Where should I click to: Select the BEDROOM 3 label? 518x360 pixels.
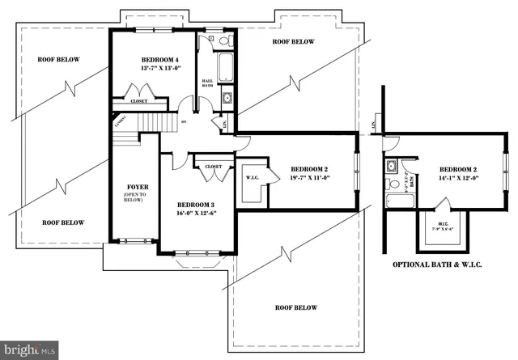(x=193, y=205)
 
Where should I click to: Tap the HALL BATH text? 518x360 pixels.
(x=207, y=83)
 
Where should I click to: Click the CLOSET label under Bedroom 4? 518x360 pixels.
(x=139, y=101)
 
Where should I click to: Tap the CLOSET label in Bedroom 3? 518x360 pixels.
(x=213, y=166)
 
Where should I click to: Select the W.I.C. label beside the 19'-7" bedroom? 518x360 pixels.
(x=250, y=177)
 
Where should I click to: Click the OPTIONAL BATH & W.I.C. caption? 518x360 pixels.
(x=437, y=265)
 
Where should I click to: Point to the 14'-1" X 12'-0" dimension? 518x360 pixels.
(x=459, y=177)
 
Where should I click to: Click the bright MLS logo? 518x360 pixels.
(x=30, y=349)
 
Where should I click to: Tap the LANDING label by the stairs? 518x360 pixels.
(x=120, y=121)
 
